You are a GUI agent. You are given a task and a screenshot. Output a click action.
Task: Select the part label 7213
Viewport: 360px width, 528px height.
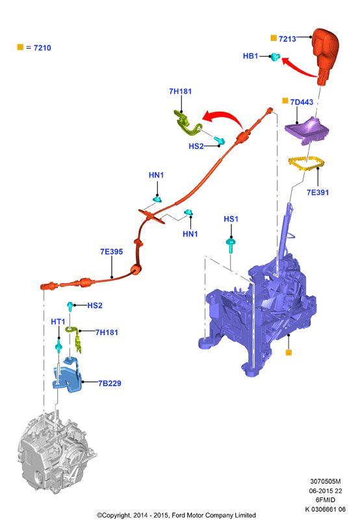pos(287,39)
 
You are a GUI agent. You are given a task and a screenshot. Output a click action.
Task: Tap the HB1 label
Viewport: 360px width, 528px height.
pos(250,56)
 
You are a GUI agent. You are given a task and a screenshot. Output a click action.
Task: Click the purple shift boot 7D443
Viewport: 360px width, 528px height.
pos(307,131)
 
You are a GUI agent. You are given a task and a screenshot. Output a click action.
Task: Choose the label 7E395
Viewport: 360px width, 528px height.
pos(111,251)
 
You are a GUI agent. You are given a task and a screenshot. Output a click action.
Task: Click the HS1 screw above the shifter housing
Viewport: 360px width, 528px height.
pos(231,245)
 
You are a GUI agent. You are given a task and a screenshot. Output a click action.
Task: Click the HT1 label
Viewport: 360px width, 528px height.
pos(58,321)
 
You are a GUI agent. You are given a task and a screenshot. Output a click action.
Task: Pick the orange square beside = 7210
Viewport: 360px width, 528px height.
pos(20,47)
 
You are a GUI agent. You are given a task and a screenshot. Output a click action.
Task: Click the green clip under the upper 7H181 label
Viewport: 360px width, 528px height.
pos(187,123)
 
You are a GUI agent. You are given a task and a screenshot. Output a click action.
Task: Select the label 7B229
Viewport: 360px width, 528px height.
pos(110,383)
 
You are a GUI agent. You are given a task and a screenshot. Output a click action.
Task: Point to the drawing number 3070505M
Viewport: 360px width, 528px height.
pos(326,481)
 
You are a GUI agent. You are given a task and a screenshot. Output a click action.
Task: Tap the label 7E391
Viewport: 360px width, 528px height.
pos(318,192)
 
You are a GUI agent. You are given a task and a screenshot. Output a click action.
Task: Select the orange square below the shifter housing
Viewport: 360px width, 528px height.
pos(289,353)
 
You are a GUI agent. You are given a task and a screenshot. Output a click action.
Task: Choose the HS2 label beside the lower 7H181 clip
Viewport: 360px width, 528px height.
pos(95,305)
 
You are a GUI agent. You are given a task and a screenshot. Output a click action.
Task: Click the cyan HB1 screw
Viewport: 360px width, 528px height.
pos(276,57)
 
